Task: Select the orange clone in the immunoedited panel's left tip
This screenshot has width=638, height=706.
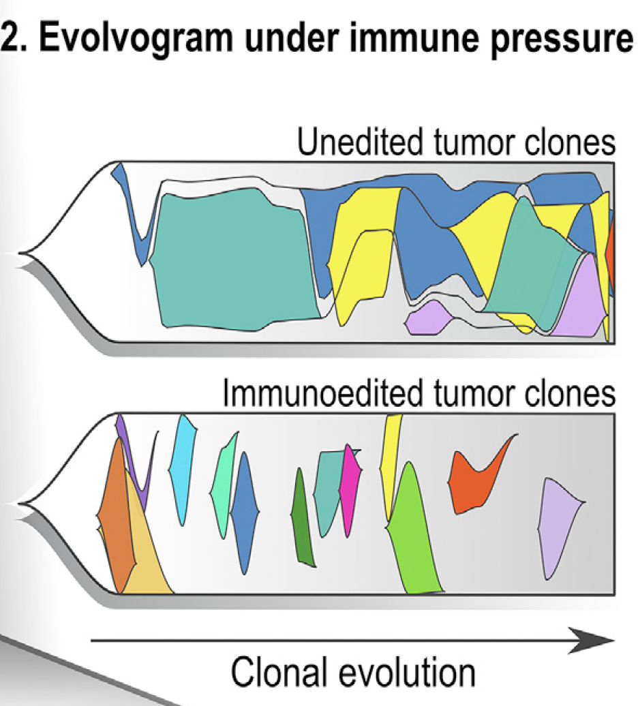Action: (116, 513)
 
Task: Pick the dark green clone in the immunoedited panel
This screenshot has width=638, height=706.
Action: (302, 518)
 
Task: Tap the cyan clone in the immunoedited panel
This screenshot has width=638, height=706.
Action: (183, 468)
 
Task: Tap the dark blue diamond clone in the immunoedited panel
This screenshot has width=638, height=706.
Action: (245, 513)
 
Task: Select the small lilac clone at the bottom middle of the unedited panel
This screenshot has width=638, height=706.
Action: (429, 318)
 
